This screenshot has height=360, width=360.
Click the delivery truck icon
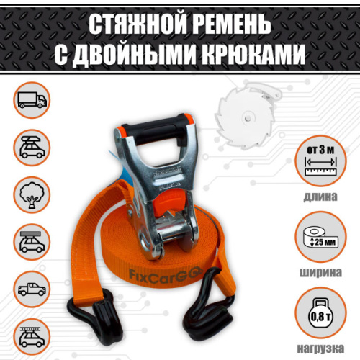point(30,102)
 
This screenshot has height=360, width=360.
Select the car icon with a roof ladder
point(30,331)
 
